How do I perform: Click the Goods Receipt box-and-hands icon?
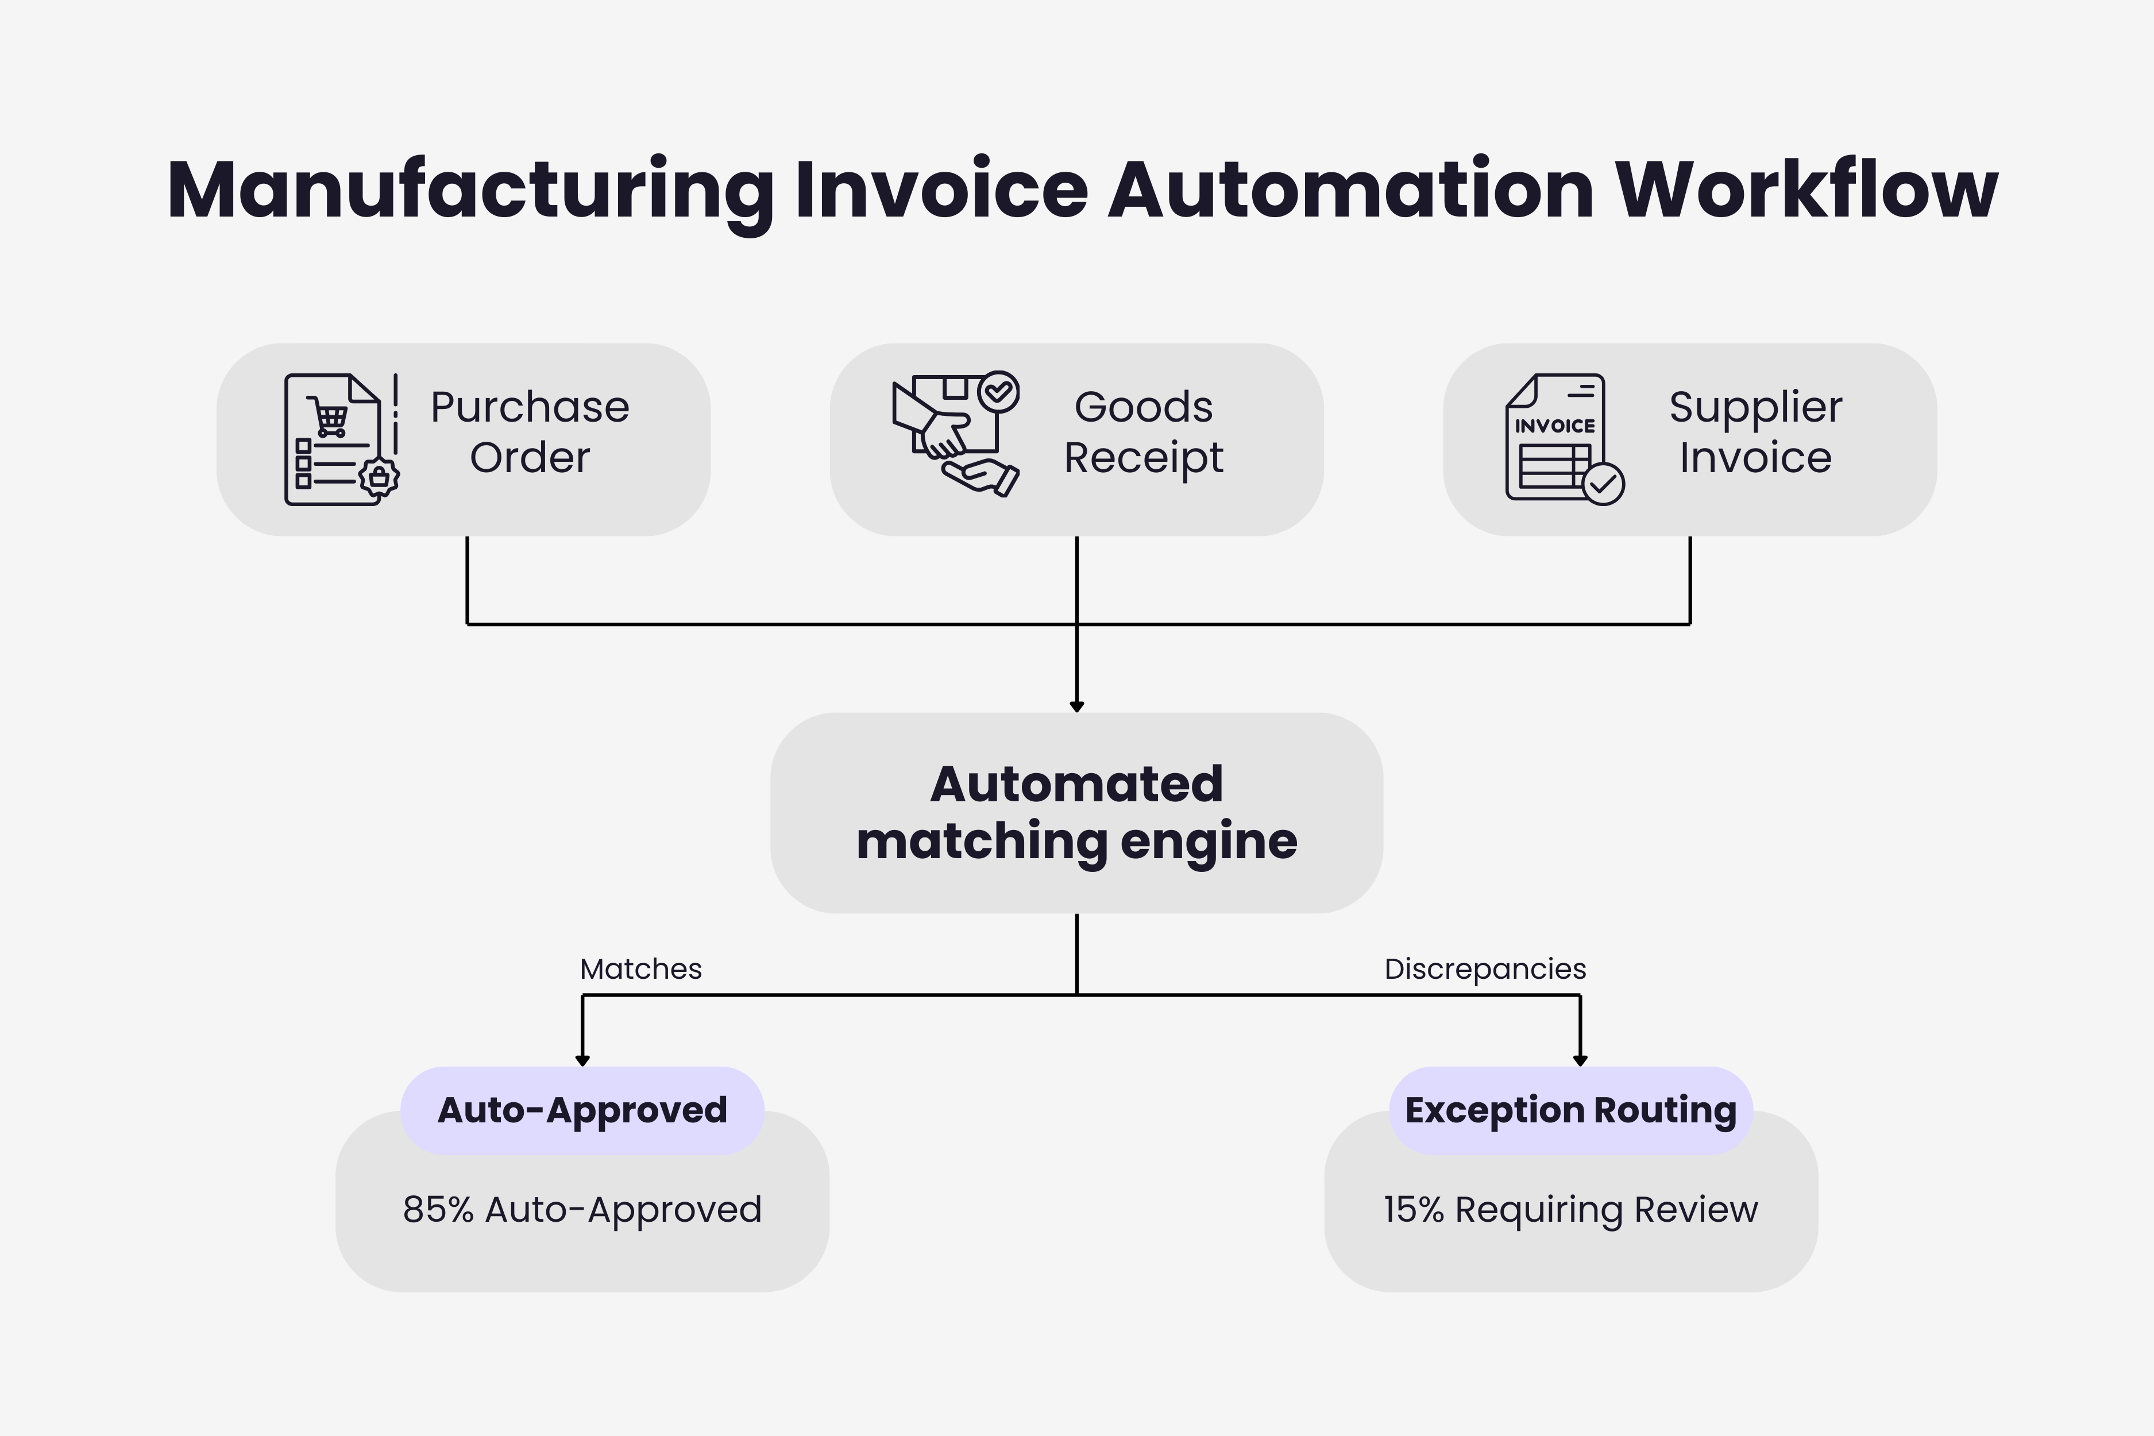pos(955,433)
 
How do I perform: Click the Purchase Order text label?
pos(530,431)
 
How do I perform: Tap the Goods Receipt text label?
pos(1143,431)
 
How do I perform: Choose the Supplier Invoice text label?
pos(1755,431)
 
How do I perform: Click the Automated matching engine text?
pos(1076,812)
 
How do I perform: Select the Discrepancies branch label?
pos(1485,969)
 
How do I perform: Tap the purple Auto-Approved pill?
pos(582,1110)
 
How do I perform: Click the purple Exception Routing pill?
pos(1570,1110)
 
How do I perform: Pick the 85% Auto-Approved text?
pos(582,1210)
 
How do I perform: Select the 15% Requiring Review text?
pos(1570,1210)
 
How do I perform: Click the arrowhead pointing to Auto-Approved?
pos(582,1060)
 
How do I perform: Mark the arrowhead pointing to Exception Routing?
pos(1580,1060)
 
